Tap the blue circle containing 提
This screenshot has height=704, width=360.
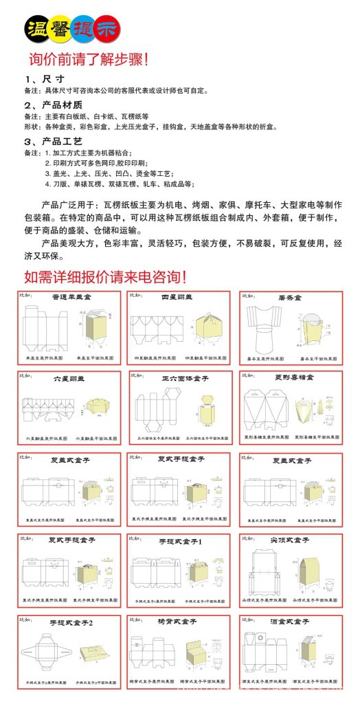(x=83, y=28)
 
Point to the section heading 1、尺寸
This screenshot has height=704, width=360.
(x=49, y=79)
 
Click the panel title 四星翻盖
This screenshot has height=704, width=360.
(x=177, y=297)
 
